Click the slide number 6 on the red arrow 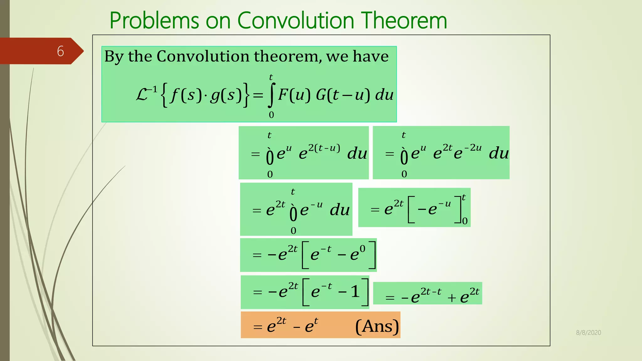[x=61, y=51]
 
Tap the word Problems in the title [x=154, y=21]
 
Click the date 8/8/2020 [x=588, y=332]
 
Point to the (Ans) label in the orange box [x=377, y=326]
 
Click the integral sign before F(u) [x=272, y=95]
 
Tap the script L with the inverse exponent [x=146, y=94]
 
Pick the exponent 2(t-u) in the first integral [x=324, y=148]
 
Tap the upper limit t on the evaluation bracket [x=464, y=197]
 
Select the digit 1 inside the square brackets [x=355, y=292]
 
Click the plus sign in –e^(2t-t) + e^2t [x=451, y=298]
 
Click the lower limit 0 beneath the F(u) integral [x=271, y=115]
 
